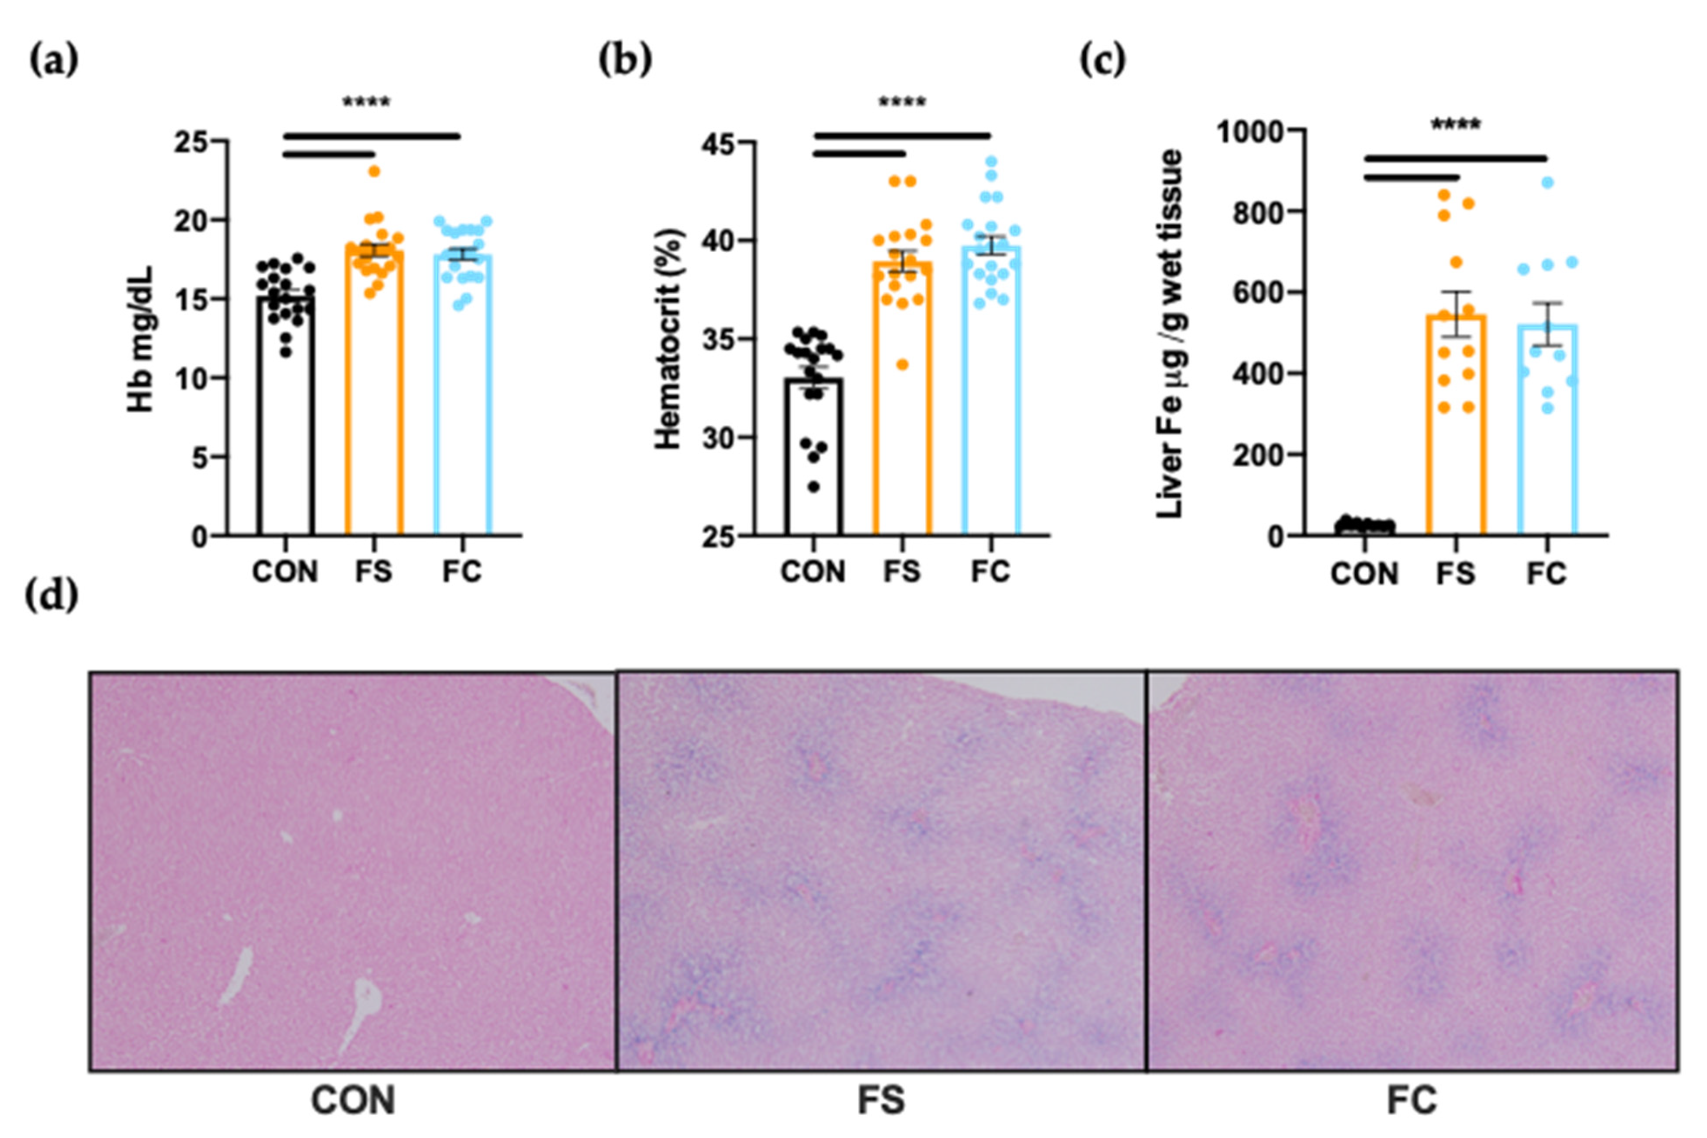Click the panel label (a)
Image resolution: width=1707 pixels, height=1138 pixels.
click(x=53, y=61)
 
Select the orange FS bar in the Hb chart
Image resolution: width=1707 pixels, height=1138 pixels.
click(x=373, y=406)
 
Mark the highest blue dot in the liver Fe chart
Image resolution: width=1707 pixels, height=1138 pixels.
click(x=1547, y=183)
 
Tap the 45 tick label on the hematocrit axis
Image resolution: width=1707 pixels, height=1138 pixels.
click(x=717, y=143)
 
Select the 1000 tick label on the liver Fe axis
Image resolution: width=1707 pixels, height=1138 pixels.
click(x=1248, y=132)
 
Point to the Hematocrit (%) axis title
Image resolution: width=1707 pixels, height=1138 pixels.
click(x=668, y=338)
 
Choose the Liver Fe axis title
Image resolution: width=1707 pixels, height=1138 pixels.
click(x=1169, y=334)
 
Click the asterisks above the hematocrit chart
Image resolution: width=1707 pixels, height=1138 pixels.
click(x=902, y=103)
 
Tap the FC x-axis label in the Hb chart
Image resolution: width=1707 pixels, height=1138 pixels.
click(x=462, y=572)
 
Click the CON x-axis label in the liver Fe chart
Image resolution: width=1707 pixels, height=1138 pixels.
click(x=1364, y=574)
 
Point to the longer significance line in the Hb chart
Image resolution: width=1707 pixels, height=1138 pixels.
click(x=372, y=136)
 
